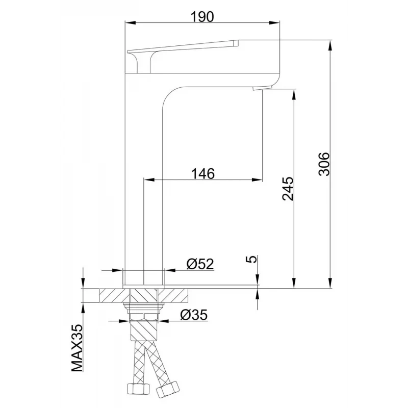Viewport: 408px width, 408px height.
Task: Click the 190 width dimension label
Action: click(x=202, y=17)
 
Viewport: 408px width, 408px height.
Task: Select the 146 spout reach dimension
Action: click(x=203, y=173)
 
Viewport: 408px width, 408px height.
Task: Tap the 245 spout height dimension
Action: click(x=288, y=189)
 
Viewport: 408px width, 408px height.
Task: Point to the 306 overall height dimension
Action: click(x=324, y=164)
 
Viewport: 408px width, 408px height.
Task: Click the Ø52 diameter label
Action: click(x=200, y=264)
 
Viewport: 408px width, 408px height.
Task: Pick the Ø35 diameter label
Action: click(x=194, y=315)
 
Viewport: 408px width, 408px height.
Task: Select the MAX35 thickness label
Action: click(x=77, y=348)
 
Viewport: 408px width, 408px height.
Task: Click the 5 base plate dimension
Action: click(x=251, y=259)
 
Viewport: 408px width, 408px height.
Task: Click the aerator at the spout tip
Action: click(x=262, y=88)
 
